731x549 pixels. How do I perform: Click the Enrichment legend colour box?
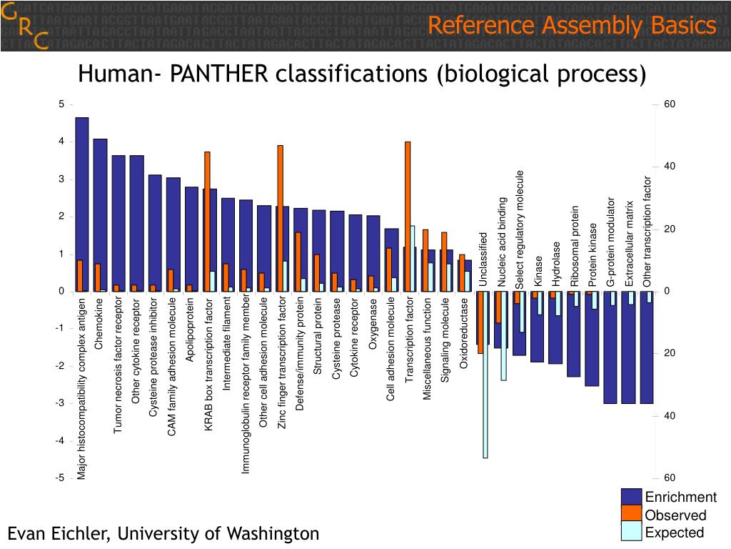tap(632, 497)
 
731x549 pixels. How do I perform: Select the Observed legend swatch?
tap(632, 513)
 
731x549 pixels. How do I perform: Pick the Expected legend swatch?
tap(632, 530)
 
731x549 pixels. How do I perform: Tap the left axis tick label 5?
tap(61, 104)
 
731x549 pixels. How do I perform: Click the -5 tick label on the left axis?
tap(60, 478)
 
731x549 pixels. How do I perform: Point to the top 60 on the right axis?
tap(669, 104)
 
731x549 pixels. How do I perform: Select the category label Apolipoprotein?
tap(191, 330)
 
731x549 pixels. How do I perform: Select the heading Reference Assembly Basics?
tap(572, 26)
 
